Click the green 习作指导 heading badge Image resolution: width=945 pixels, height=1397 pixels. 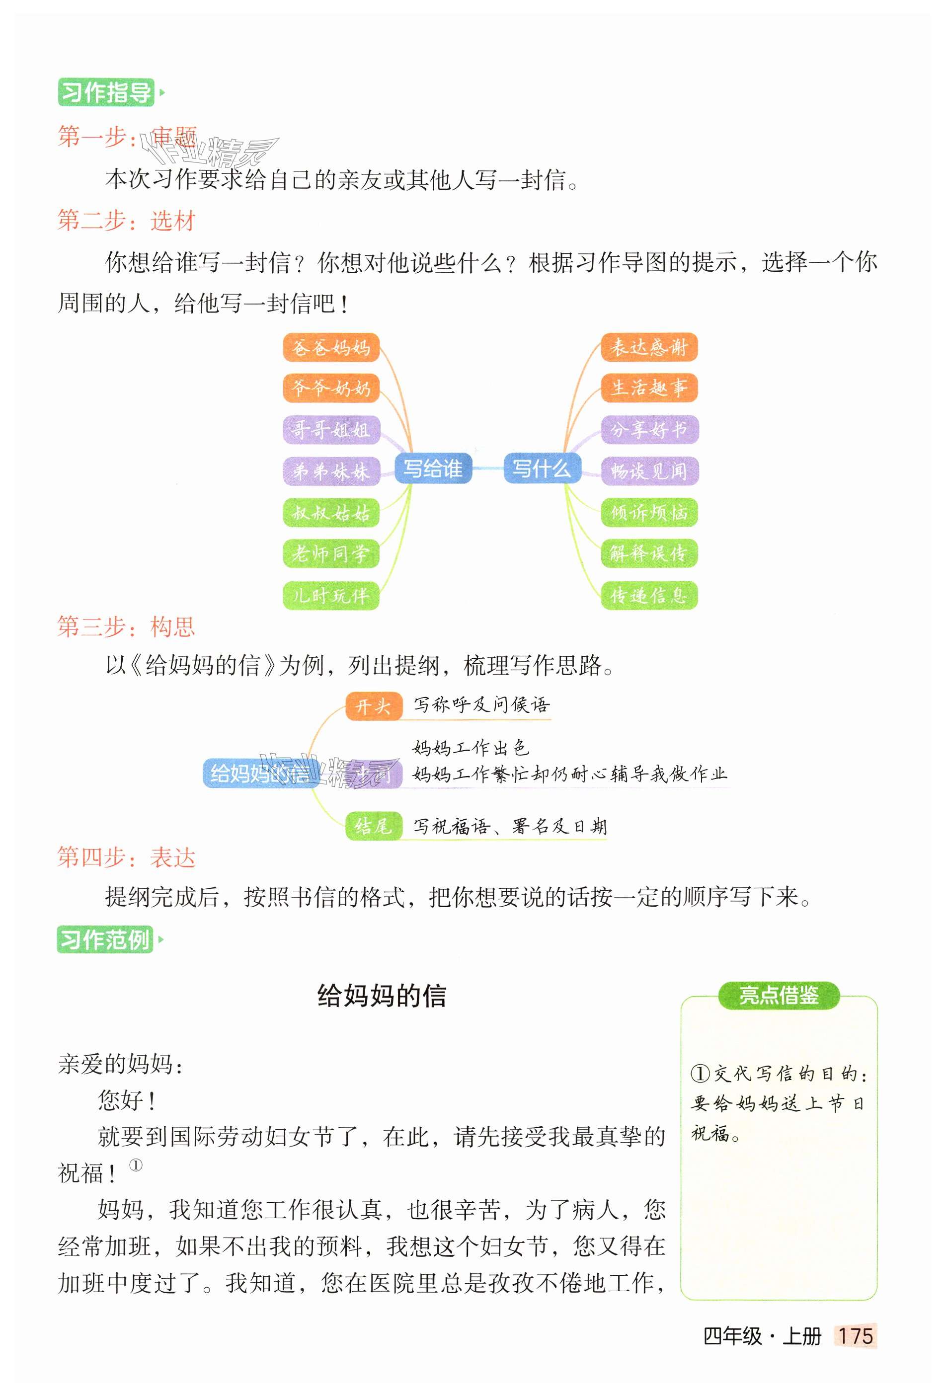(x=106, y=92)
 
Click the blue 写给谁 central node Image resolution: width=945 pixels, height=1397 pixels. (x=433, y=468)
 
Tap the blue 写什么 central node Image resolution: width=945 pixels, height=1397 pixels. (x=542, y=468)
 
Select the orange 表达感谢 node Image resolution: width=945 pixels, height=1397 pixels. (x=649, y=347)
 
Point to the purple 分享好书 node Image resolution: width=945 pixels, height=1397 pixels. (x=649, y=429)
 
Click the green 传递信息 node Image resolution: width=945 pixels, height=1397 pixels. (x=649, y=595)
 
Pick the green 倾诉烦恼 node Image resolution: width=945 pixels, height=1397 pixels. (x=649, y=512)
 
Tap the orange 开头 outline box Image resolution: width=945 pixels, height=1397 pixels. (x=373, y=706)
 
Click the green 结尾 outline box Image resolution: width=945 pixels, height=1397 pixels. (x=373, y=826)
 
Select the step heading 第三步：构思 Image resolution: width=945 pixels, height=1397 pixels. (x=126, y=627)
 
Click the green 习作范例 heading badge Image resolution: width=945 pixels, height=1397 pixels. (x=105, y=939)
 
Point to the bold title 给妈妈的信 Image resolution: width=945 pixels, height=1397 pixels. (x=382, y=996)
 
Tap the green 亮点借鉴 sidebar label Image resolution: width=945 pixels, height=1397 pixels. (x=779, y=996)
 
